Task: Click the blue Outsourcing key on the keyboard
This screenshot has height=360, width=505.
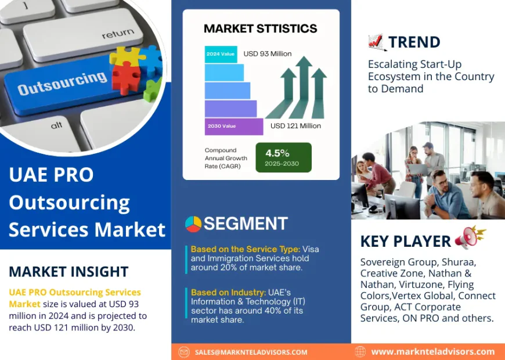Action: click(61, 84)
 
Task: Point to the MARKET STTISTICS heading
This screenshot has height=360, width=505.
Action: click(261, 28)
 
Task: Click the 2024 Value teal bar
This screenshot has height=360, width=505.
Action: click(221, 54)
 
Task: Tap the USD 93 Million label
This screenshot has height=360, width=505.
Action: click(268, 54)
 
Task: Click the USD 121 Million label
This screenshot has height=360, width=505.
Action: click(295, 126)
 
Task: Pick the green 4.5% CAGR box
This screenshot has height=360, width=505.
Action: click(283, 157)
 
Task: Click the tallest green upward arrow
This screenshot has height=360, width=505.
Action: click(302, 87)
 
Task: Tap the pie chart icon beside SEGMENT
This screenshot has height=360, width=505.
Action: click(193, 224)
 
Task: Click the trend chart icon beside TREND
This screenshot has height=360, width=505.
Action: click(376, 42)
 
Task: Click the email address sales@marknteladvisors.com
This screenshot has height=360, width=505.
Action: click(251, 352)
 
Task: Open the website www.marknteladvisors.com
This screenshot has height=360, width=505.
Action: click(432, 351)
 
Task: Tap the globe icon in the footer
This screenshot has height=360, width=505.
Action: click(360, 351)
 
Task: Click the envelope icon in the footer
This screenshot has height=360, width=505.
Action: click(184, 352)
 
